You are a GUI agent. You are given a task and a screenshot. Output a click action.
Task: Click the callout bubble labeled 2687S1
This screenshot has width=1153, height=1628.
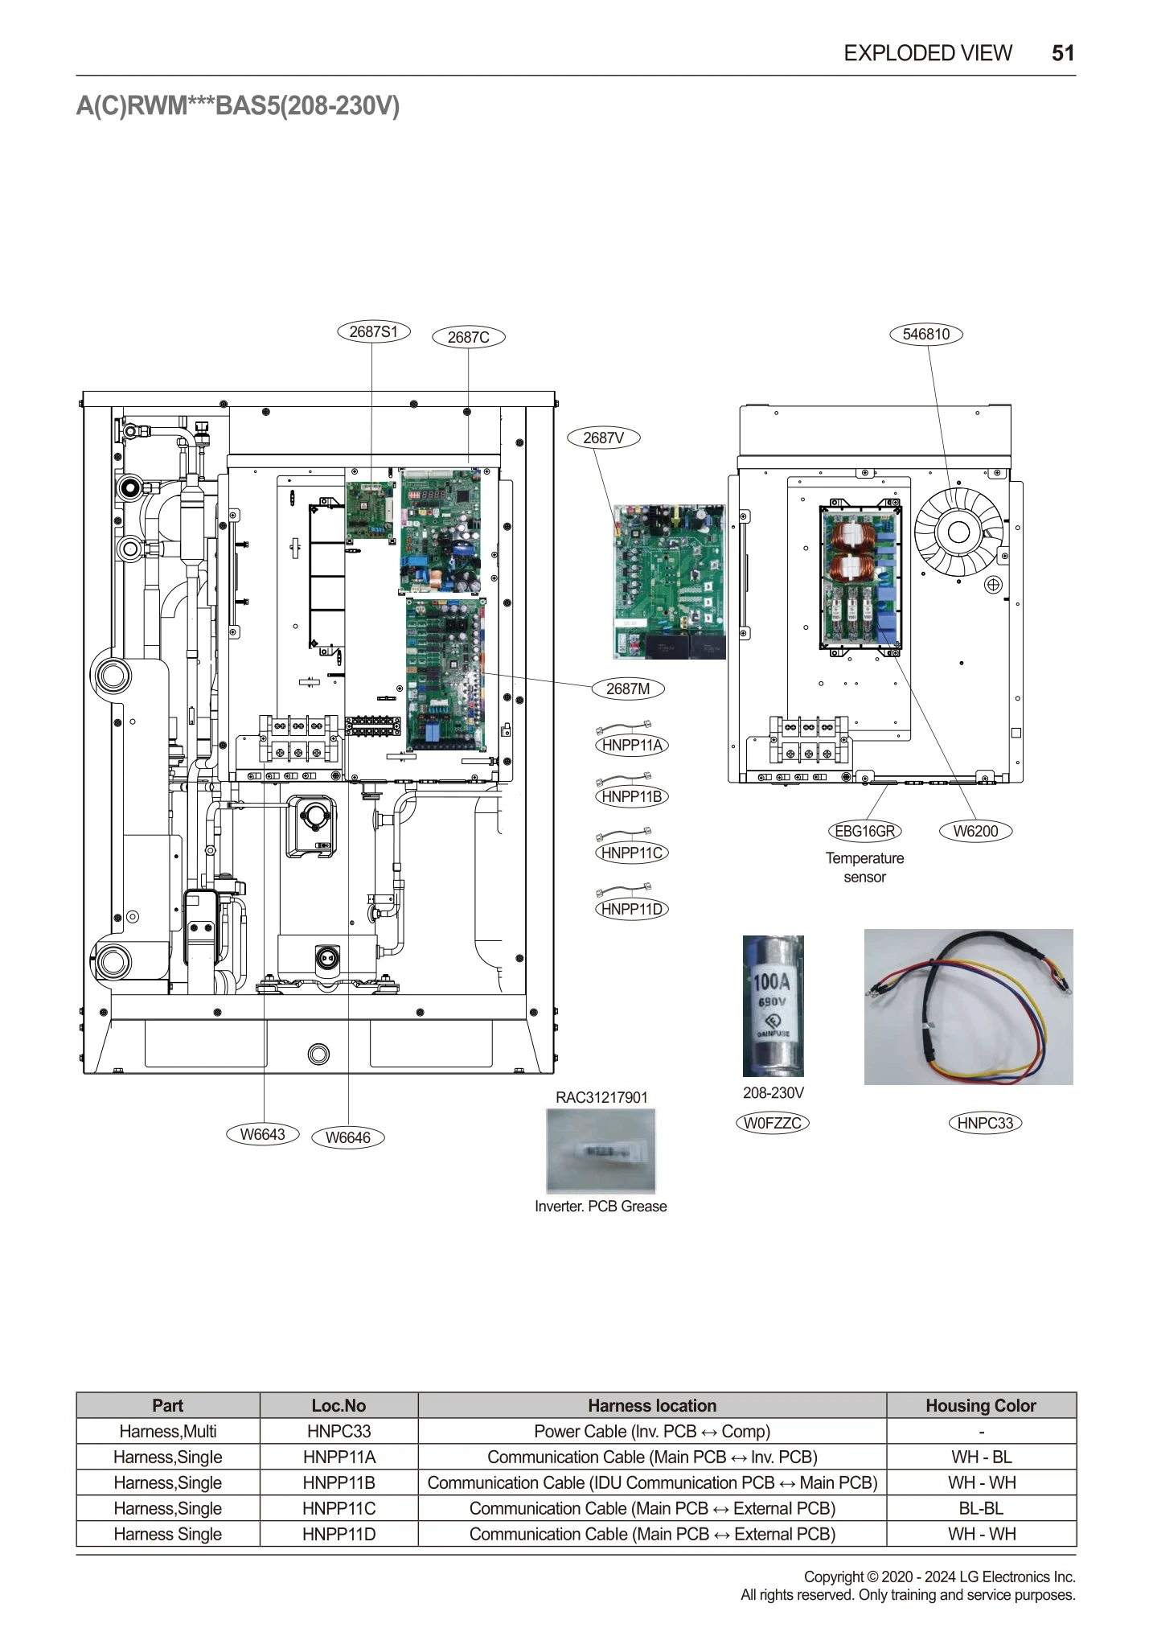pyautogui.click(x=373, y=331)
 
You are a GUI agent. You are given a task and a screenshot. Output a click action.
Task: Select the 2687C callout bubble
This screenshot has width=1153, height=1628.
pyautogui.click(x=469, y=337)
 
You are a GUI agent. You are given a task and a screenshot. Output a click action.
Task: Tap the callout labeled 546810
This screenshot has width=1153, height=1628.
pyautogui.click(x=925, y=334)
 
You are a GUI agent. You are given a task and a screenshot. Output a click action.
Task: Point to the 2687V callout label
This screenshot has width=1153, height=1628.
pyautogui.click(x=603, y=438)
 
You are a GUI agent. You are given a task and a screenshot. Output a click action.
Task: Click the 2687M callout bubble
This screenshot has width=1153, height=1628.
pyautogui.click(x=627, y=689)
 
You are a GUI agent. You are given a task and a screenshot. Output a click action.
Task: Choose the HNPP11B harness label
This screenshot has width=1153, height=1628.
pyautogui.click(x=632, y=796)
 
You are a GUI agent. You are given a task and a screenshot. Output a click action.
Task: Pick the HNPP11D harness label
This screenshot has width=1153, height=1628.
pyautogui.click(x=632, y=909)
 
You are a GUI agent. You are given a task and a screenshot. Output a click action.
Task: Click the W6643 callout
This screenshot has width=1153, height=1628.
pyautogui.click(x=263, y=1134)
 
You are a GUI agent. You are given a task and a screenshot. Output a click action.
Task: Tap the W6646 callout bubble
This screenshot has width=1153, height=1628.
pyautogui.click(x=347, y=1137)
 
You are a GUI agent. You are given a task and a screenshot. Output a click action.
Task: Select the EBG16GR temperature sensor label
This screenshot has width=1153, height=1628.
pyautogui.click(x=864, y=831)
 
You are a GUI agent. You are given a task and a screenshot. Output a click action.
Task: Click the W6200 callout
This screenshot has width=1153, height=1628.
pyautogui.click(x=975, y=831)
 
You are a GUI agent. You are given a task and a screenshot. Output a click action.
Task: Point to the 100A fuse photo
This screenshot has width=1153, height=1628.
pyautogui.click(x=773, y=1005)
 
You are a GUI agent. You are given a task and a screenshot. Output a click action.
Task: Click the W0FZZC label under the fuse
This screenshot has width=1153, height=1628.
pyautogui.click(x=772, y=1123)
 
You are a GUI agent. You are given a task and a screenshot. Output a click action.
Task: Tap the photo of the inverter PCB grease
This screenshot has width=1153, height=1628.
pyautogui.click(x=601, y=1150)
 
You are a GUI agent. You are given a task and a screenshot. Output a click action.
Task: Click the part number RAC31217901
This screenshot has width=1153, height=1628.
pyautogui.click(x=601, y=1097)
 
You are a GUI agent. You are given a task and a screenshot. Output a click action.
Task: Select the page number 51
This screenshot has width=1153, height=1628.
pyautogui.click(x=1063, y=53)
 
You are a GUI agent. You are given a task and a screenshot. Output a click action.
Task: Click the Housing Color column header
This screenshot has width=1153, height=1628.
pyautogui.click(x=980, y=1405)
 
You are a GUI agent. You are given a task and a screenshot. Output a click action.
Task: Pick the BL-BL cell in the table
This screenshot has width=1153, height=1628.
pyautogui.click(x=980, y=1508)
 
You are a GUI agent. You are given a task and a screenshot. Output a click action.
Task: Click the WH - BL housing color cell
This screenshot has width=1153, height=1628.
pyautogui.click(x=980, y=1457)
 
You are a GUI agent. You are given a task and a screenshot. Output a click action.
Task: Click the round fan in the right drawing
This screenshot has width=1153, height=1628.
pyautogui.click(x=958, y=532)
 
